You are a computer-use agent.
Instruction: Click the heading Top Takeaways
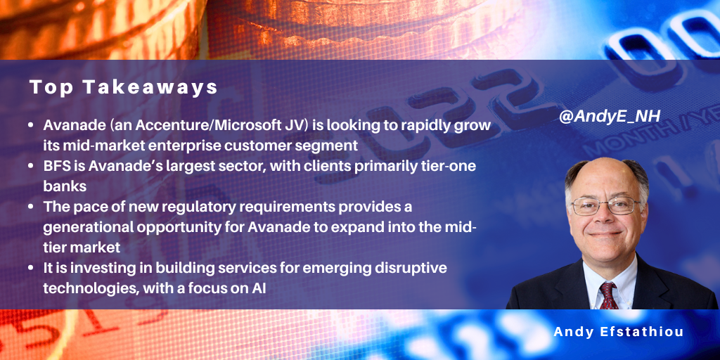click(x=124, y=88)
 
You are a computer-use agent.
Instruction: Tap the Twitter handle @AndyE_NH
click(x=610, y=117)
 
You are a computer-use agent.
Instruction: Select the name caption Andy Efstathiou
click(x=619, y=332)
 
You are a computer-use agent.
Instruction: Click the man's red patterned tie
click(x=608, y=295)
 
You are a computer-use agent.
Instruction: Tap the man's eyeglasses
click(x=606, y=205)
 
